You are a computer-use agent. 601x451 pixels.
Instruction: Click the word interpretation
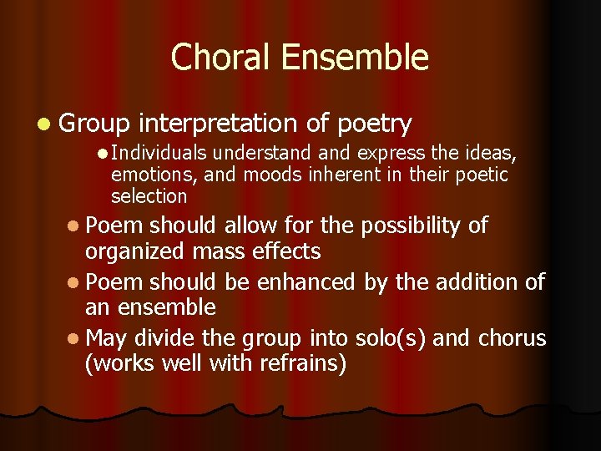[218, 124]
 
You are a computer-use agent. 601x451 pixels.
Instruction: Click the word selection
[149, 196]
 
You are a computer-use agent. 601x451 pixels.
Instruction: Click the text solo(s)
[380, 338]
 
